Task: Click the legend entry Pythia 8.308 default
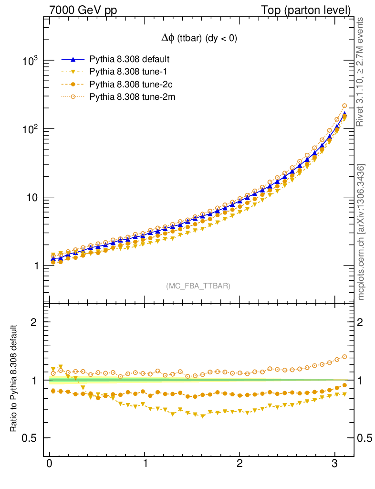[x=129, y=60]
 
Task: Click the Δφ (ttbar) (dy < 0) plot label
[x=198, y=39]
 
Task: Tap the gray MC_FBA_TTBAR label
[x=198, y=286]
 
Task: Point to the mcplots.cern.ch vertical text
[x=361, y=232]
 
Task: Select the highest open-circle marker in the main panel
[x=344, y=106]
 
